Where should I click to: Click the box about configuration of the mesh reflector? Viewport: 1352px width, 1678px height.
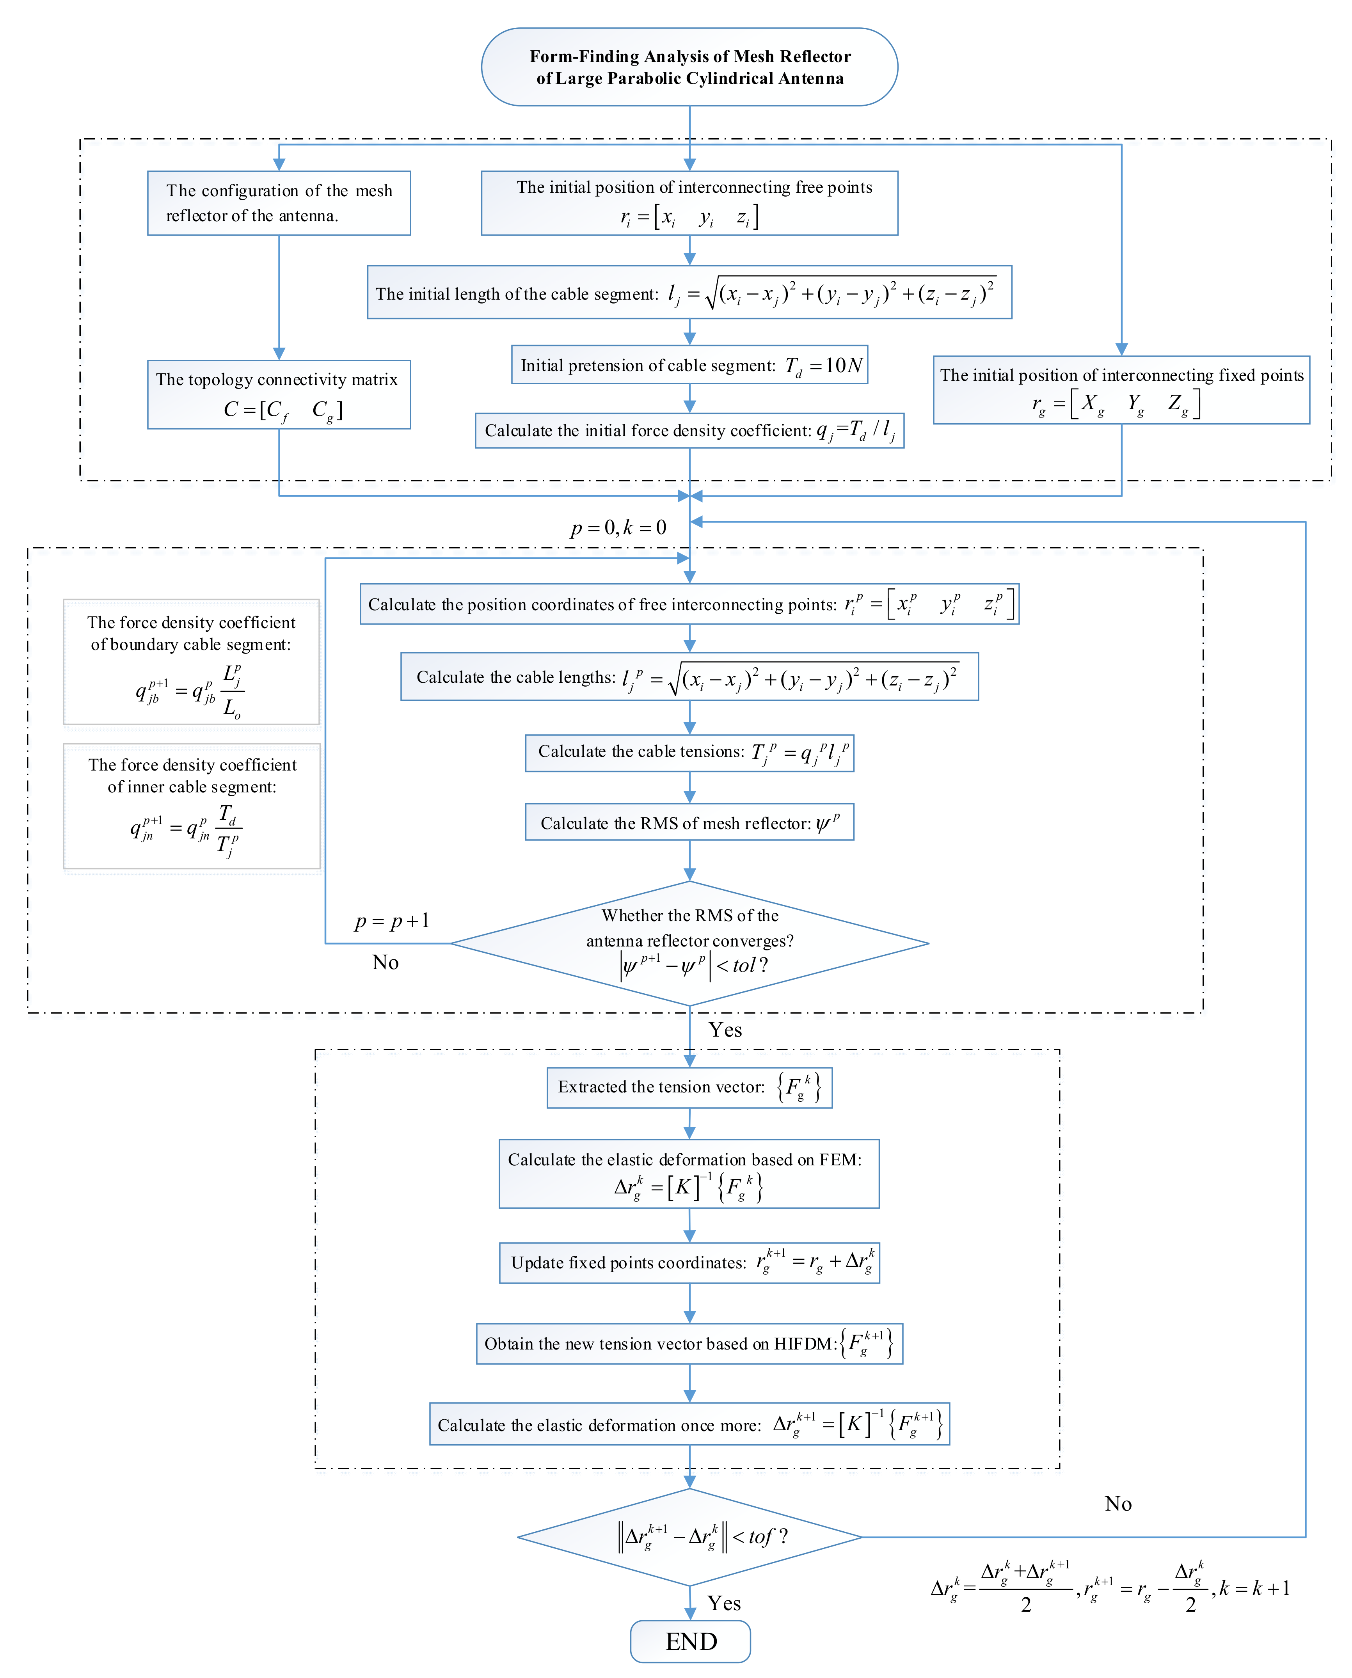(x=279, y=203)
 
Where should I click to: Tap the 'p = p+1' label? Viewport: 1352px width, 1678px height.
(x=392, y=921)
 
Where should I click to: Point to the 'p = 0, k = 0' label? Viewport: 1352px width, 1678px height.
(x=618, y=528)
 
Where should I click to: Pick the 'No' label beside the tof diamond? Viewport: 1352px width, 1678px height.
(x=1117, y=1504)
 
